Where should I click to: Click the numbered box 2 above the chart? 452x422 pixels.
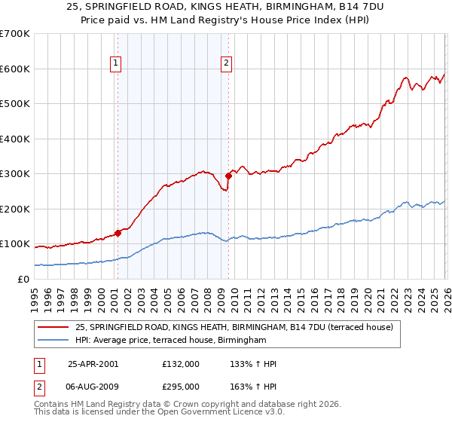coord(226,64)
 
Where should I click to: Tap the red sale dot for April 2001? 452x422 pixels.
coord(118,233)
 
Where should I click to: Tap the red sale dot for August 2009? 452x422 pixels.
coord(228,176)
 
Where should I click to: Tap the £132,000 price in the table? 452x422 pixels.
coord(180,364)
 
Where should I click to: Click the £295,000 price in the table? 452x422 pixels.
coord(180,386)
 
